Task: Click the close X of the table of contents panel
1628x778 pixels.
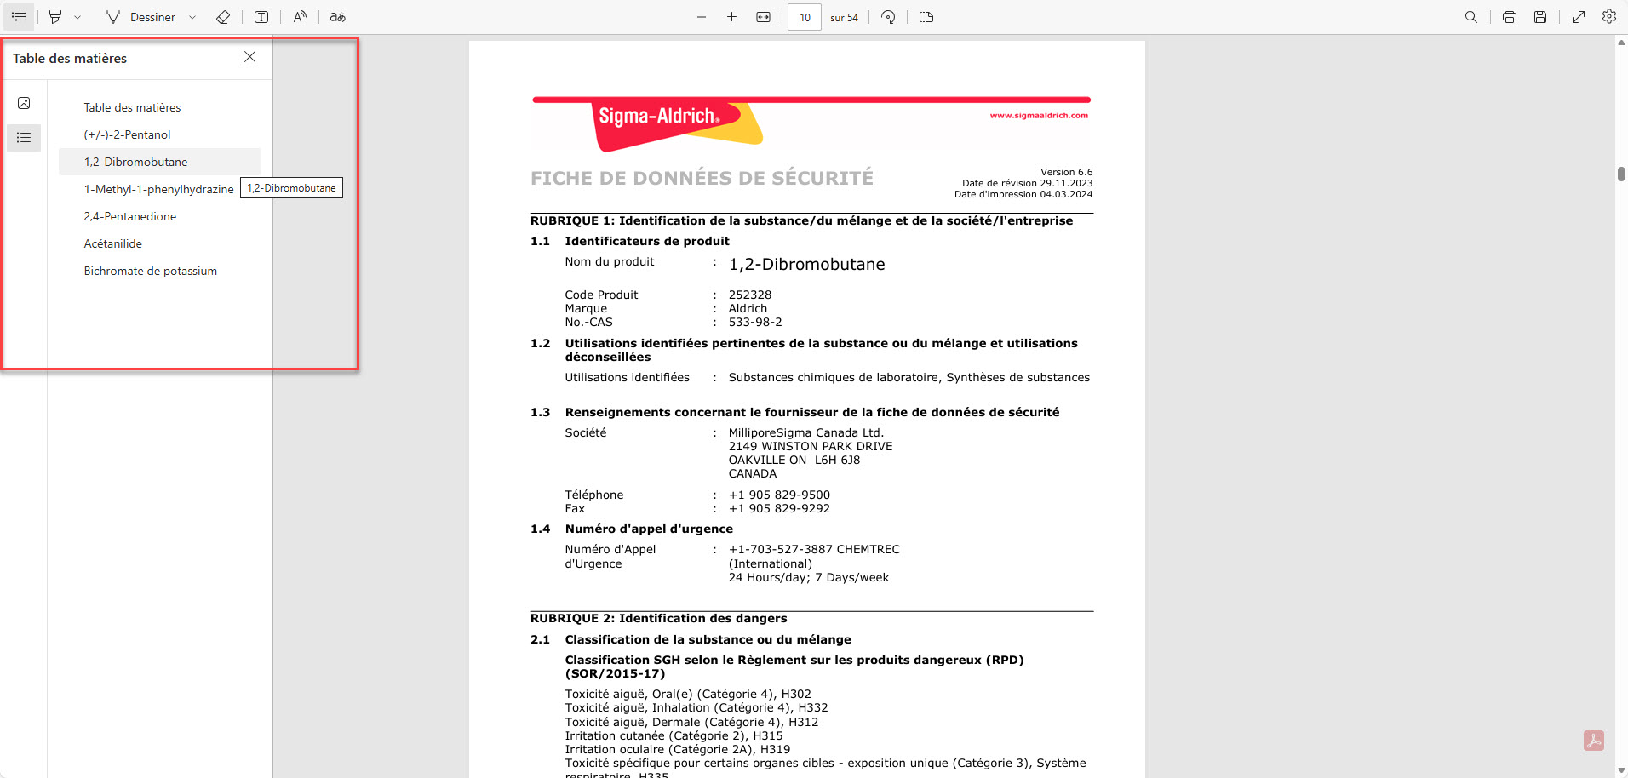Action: (x=249, y=57)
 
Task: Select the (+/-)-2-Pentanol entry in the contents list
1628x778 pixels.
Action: (x=127, y=134)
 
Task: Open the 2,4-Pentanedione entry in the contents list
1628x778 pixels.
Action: (x=129, y=216)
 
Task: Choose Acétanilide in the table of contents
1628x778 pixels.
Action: (x=112, y=243)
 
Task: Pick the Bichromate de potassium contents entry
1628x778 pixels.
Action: (x=150, y=271)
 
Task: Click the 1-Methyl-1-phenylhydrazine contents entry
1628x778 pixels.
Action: (x=158, y=189)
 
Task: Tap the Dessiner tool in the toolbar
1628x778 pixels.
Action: (x=141, y=17)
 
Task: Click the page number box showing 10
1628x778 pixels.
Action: (x=804, y=17)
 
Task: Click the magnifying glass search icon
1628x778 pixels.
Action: (x=1470, y=17)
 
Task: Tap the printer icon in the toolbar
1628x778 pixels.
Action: (x=1509, y=17)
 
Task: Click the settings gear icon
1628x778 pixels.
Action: (x=1608, y=17)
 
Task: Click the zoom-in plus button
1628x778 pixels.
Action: (x=731, y=17)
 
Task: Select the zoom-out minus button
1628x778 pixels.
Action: (x=702, y=17)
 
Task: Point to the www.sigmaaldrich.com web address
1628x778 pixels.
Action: (x=1038, y=116)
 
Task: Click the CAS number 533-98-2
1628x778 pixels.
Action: (x=754, y=322)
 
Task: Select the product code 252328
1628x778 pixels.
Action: (x=749, y=295)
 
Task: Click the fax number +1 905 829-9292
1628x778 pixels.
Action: (x=778, y=508)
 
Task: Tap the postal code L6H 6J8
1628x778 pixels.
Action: (x=837, y=460)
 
